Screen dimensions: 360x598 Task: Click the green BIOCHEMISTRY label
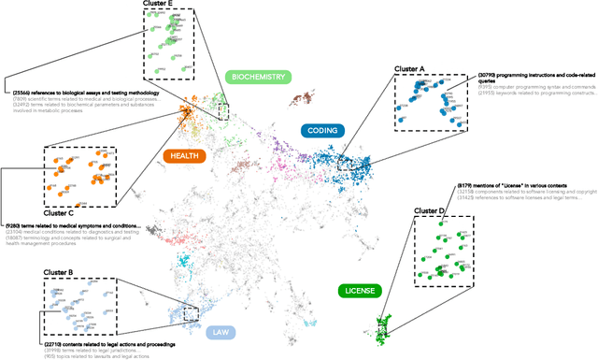click(x=258, y=77)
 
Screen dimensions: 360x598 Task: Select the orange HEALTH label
click(x=184, y=156)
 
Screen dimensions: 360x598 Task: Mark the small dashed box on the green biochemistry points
click(x=222, y=111)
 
